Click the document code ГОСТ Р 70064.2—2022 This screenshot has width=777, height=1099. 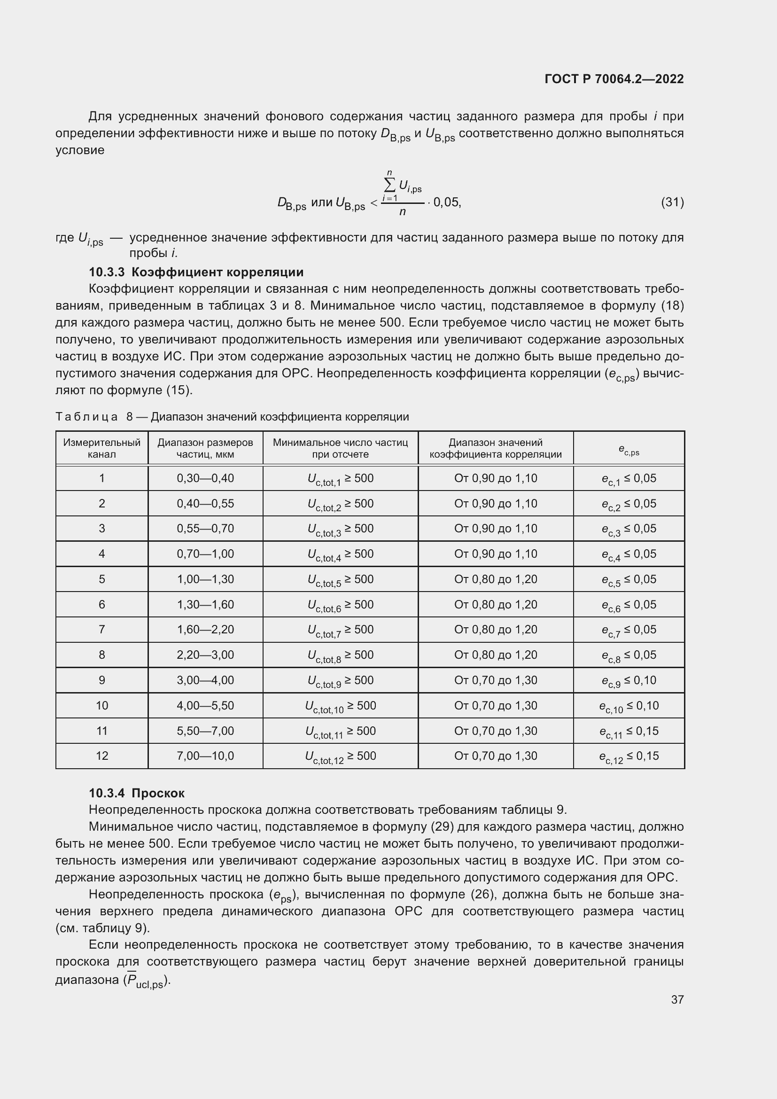614,79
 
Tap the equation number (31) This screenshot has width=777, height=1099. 672,202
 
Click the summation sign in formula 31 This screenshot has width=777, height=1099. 390,185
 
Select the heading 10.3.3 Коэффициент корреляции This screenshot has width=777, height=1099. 196,273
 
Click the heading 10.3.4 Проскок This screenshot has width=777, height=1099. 137,793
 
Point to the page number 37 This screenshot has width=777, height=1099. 677,999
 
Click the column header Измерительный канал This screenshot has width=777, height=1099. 102,449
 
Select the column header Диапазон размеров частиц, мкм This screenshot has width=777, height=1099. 205,449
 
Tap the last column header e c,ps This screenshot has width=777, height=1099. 629,450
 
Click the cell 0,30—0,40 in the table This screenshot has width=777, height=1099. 205,478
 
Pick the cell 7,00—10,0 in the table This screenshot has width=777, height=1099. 205,756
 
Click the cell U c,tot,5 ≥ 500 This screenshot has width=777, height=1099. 340,580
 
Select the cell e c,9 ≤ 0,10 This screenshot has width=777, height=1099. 629,681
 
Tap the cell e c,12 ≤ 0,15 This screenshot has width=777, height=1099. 629,756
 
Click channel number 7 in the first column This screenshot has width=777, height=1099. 102,630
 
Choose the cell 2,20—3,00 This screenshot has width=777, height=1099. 205,655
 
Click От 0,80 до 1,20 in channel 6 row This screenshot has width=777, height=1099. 496,605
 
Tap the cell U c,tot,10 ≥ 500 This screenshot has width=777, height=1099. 340,706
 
